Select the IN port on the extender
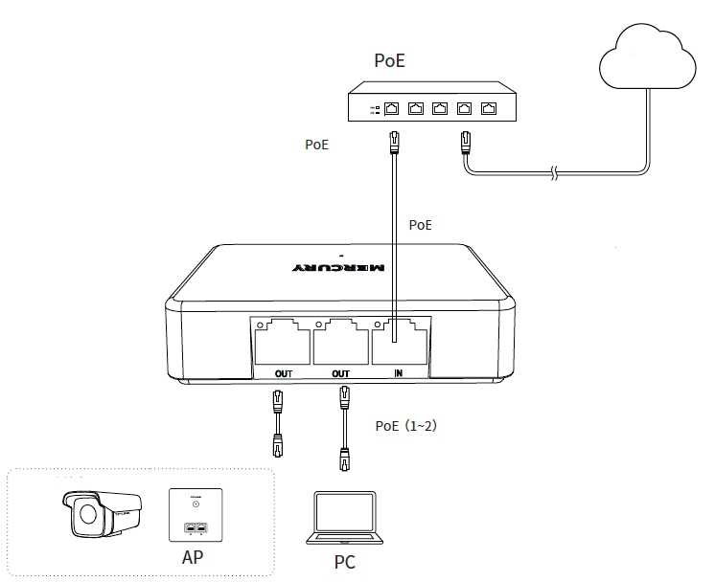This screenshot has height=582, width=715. pos(400,336)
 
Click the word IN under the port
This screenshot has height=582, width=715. pos(399,372)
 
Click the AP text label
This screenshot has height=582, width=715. pos(193,556)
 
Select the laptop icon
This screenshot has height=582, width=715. pos(344,518)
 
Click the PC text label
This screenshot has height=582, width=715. pos(344,562)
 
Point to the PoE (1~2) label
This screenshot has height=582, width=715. pos(405,426)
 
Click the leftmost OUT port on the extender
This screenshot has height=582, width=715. pos(282,336)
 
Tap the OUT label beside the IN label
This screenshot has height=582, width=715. pos(340,372)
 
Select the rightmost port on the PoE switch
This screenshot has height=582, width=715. pos(490,108)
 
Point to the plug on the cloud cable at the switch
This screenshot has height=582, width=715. pos(467,143)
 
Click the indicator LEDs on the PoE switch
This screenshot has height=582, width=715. pos(374,109)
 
